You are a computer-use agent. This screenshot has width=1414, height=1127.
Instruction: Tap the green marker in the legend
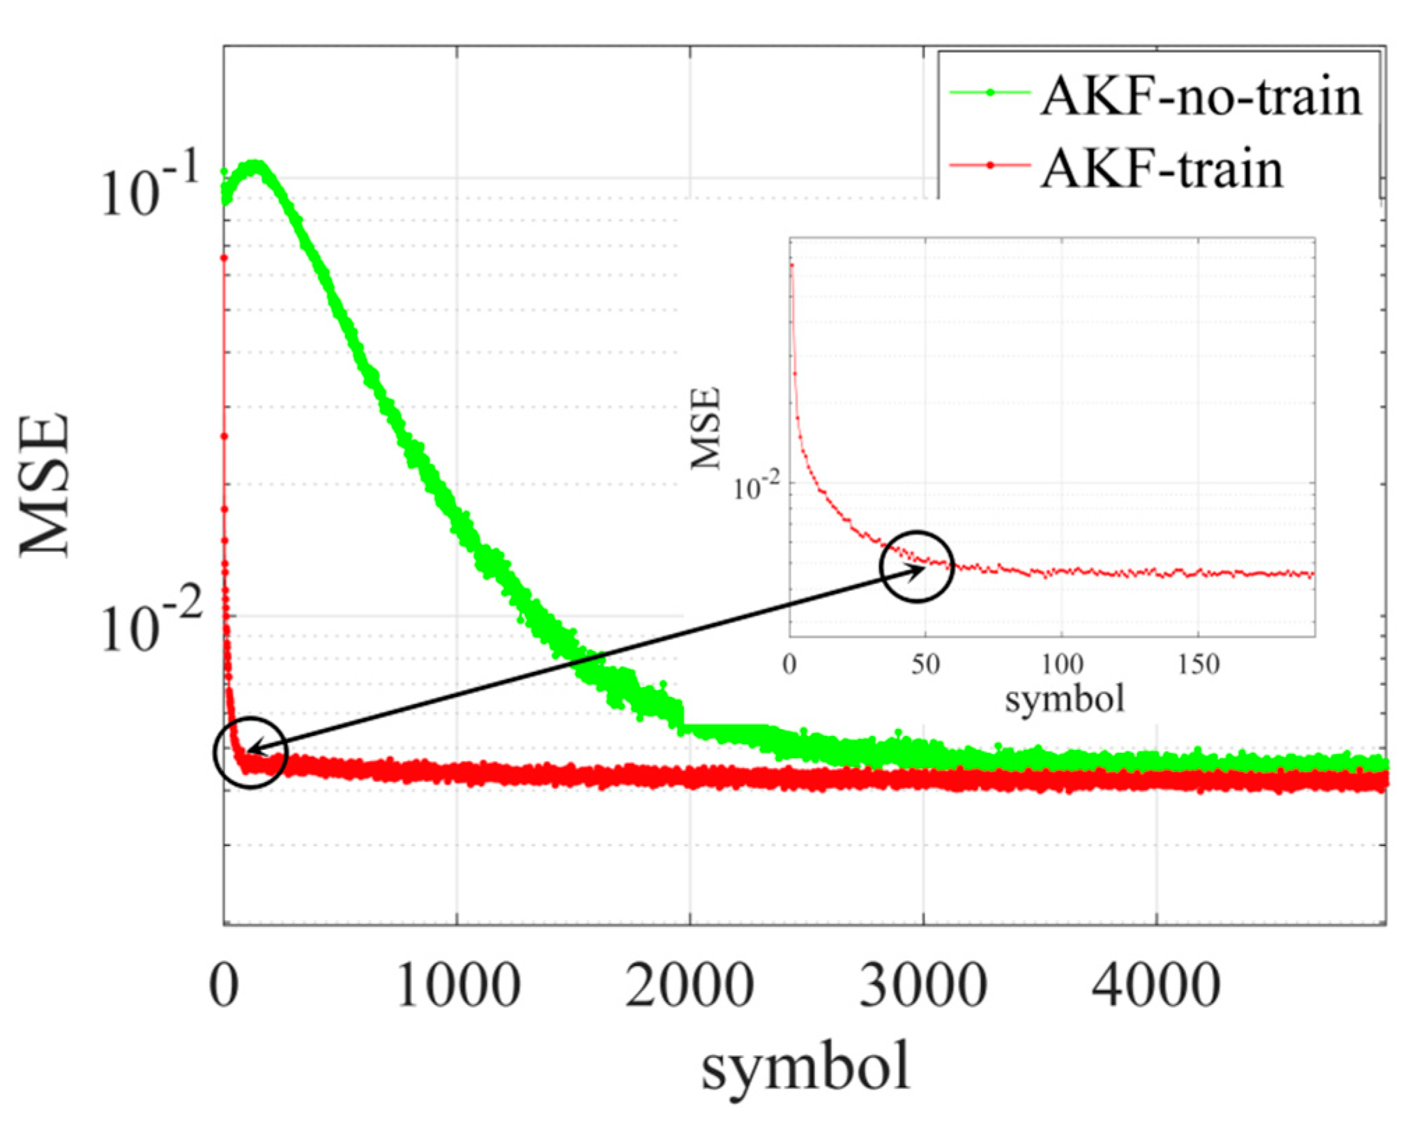tap(990, 93)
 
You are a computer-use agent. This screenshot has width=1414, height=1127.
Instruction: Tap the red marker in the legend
tap(990, 166)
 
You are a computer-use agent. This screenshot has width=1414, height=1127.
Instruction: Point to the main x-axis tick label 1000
tap(457, 986)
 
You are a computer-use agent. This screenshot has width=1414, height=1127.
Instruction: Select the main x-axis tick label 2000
tap(690, 986)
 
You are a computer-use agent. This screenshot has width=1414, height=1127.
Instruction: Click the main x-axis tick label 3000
tap(922, 986)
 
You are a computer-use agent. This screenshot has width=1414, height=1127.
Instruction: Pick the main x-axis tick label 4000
tap(1155, 986)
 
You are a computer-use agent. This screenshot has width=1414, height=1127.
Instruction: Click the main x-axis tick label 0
tap(225, 986)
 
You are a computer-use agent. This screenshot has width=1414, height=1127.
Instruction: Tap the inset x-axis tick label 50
tap(925, 664)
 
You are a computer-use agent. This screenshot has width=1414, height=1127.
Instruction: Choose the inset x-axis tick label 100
tap(1062, 664)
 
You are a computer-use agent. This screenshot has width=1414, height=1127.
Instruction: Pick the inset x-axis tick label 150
tap(1199, 664)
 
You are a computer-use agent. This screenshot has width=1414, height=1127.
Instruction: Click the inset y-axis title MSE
tap(706, 428)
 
